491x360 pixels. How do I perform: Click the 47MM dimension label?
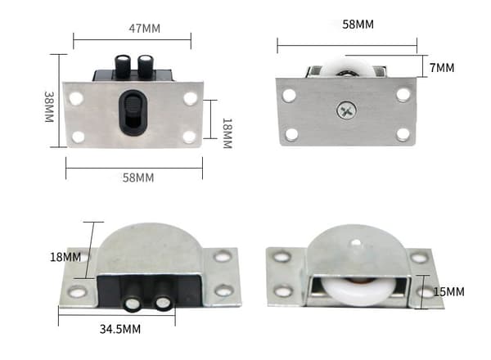point(144,29)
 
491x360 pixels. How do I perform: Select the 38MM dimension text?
point(49,106)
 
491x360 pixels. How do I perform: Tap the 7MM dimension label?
point(442,68)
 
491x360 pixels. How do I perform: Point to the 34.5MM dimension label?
point(120,329)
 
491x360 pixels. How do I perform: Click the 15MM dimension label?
point(448,292)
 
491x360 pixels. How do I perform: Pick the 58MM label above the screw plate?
point(358,25)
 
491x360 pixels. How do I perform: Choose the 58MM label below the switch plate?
point(138,178)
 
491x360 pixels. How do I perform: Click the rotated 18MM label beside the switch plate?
point(227,133)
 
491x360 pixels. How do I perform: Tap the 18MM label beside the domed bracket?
point(65,258)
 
